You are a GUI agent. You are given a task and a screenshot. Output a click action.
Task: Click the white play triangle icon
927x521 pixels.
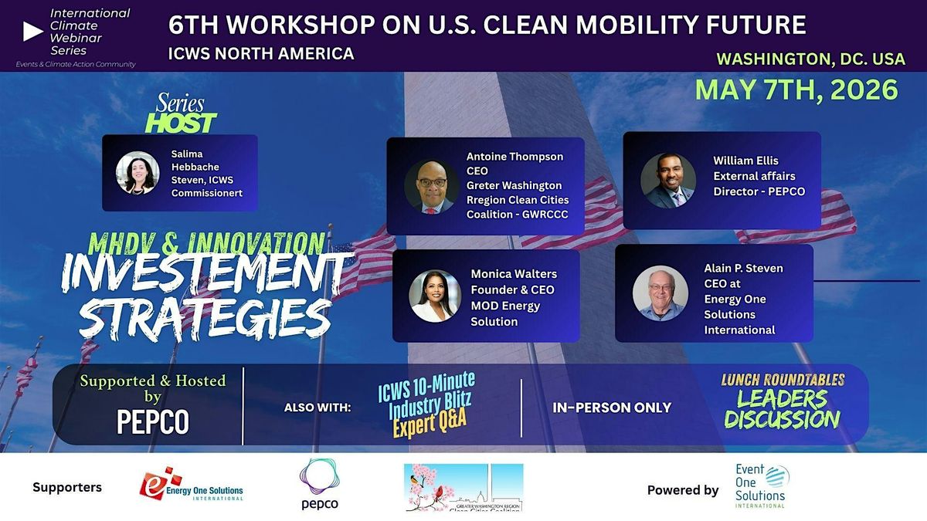point(32,31)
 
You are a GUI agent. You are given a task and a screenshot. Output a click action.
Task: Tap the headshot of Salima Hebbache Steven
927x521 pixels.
point(138,172)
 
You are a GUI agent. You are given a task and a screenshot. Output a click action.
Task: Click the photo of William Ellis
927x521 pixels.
point(668,180)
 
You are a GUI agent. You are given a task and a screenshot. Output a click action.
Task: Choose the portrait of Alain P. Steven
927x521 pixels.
point(660,293)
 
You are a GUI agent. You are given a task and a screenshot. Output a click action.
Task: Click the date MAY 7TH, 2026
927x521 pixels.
point(796,89)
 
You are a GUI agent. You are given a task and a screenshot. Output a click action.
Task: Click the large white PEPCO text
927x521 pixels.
point(153,421)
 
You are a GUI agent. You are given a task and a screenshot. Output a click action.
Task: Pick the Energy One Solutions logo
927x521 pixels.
point(191,485)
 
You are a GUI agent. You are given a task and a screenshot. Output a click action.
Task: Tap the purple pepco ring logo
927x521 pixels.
point(319,484)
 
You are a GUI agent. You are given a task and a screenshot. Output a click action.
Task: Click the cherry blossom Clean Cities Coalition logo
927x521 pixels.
point(463,487)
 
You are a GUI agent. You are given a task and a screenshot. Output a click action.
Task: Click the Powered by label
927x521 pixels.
point(683,489)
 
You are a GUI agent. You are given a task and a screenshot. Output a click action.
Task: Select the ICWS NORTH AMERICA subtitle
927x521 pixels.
point(261,53)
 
